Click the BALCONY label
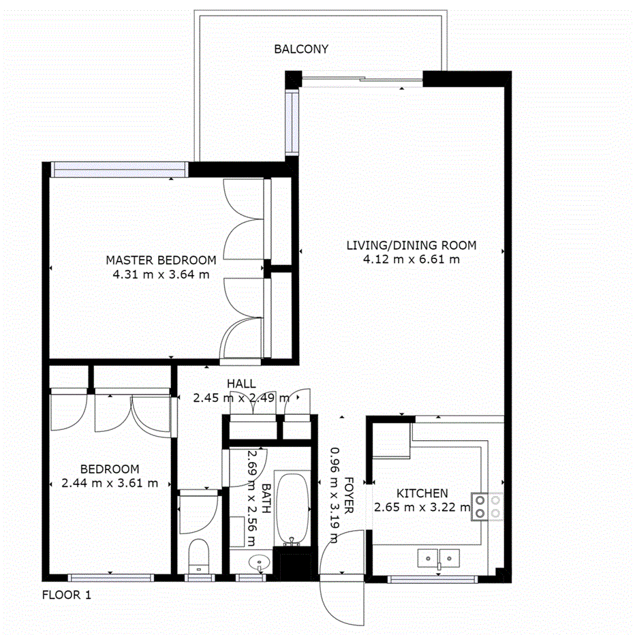[301, 49]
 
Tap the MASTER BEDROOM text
[161, 260]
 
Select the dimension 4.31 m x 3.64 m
[161, 275]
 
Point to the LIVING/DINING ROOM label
[411, 245]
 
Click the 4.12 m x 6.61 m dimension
[411, 260]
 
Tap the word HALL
[242, 384]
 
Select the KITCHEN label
[422, 493]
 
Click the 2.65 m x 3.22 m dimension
[422, 507]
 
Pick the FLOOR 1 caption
[66, 595]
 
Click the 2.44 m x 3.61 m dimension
[110, 483]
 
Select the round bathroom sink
[260, 563]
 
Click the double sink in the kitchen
[439, 559]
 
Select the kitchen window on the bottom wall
[432, 580]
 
